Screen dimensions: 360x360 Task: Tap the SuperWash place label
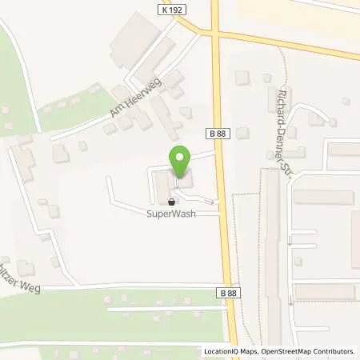coord(171,214)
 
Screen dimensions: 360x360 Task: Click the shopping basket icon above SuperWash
coord(171,202)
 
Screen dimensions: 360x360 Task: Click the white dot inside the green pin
coord(180,157)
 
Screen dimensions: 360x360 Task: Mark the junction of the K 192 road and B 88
coord(216,34)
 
